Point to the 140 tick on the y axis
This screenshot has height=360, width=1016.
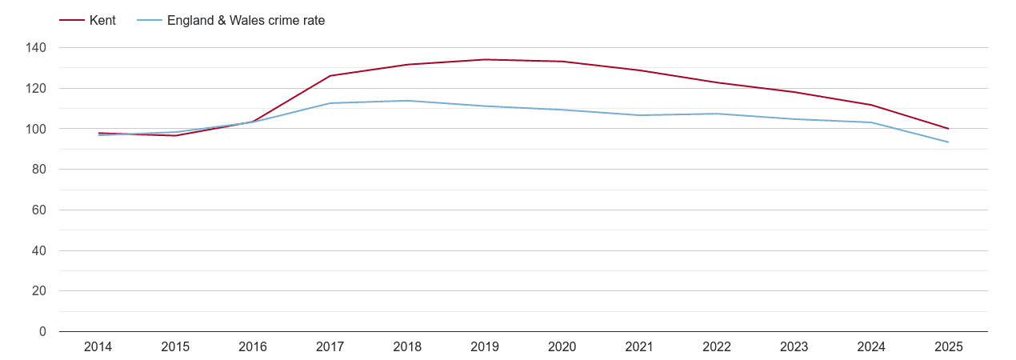36,48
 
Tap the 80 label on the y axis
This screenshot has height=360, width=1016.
39,170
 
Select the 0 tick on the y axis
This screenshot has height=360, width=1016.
42,332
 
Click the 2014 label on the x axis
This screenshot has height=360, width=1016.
98,347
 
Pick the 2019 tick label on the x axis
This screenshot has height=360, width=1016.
485,347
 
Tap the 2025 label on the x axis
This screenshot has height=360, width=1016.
949,347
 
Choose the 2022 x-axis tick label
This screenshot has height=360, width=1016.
717,347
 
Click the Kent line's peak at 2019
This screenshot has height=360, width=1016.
485,59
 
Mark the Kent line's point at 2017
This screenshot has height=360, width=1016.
330,76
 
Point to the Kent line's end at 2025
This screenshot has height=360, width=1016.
949,129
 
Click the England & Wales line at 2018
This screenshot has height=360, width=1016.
407,101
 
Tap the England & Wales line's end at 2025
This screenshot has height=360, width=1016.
949,142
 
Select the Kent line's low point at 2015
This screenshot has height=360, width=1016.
175,135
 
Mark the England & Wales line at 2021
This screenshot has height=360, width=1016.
639,115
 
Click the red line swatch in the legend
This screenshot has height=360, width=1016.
72,21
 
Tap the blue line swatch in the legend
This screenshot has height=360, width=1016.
149,21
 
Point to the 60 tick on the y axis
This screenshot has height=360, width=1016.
39,210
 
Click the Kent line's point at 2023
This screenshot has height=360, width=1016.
794,92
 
